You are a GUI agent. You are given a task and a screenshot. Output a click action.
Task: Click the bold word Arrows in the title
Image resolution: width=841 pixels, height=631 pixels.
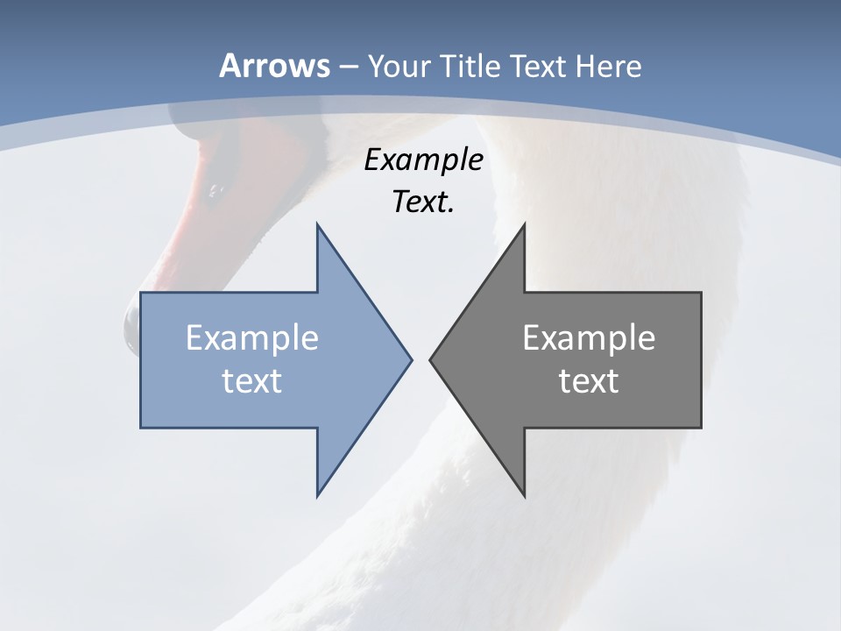(274, 67)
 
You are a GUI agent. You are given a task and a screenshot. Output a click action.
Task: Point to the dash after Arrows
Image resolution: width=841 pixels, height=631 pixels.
(348, 67)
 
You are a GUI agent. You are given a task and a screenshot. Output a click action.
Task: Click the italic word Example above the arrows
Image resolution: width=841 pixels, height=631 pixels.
(423, 160)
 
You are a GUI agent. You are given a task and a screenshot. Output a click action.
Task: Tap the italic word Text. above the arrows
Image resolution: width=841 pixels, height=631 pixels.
(423, 202)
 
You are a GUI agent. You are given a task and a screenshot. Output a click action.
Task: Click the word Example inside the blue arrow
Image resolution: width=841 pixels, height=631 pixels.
(252, 338)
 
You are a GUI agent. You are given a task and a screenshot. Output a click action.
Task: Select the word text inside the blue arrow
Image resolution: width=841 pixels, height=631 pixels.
(252, 380)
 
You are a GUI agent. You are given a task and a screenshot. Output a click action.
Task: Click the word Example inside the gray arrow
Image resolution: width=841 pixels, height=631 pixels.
(589, 338)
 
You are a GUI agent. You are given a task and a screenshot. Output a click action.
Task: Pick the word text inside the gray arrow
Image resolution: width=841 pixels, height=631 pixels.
(589, 380)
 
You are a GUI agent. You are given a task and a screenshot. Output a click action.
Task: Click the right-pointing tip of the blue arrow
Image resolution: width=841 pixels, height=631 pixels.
(410, 358)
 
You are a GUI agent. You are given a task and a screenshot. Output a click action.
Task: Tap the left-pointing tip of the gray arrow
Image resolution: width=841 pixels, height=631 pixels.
(431, 358)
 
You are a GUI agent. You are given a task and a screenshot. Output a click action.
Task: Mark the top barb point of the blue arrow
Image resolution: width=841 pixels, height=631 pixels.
(318, 226)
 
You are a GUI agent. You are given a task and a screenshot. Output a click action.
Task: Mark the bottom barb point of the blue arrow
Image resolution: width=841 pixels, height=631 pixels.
(318, 494)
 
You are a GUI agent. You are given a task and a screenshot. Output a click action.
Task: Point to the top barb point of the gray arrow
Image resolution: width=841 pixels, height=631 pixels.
(524, 226)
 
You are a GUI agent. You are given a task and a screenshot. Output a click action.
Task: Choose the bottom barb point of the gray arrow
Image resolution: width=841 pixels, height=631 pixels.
(524, 494)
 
